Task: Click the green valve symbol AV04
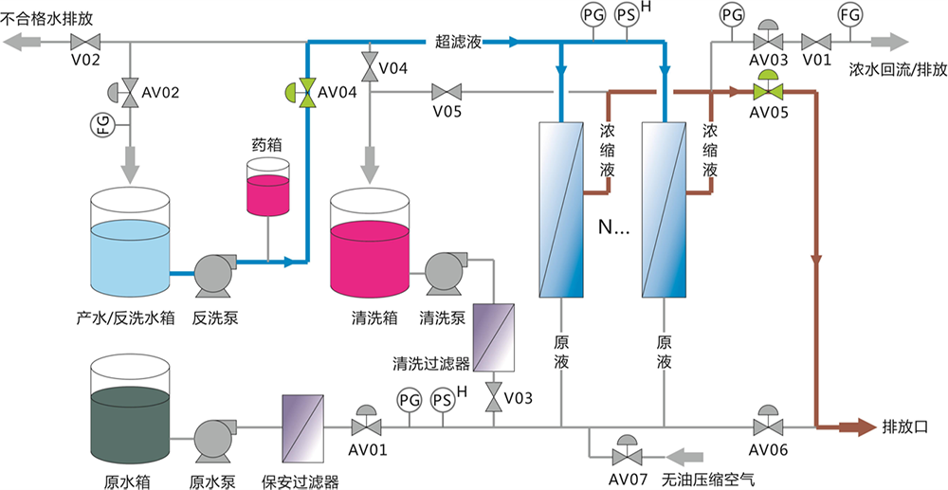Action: tap(305, 92)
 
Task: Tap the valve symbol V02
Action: tap(85, 42)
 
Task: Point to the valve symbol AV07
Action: tap(626, 451)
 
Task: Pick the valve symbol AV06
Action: tap(766, 424)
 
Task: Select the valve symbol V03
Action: tap(494, 398)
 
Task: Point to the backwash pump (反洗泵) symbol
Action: tap(213, 274)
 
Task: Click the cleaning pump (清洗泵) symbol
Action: tap(443, 273)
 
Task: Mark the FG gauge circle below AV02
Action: tap(105, 123)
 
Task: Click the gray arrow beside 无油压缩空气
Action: tap(690, 452)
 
